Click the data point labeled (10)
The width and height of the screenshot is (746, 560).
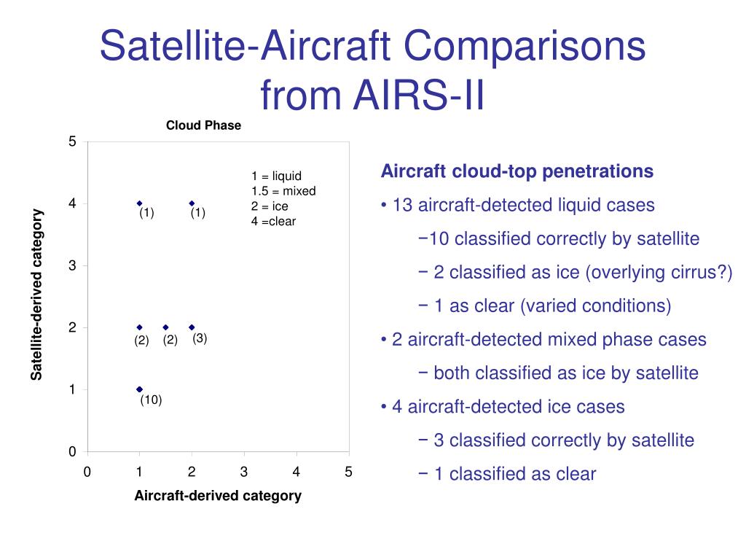point(139,389)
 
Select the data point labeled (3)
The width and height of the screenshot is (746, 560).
point(192,327)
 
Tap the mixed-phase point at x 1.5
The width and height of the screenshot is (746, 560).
point(165,327)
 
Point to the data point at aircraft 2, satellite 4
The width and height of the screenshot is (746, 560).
point(192,204)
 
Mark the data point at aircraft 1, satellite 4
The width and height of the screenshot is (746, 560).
point(139,204)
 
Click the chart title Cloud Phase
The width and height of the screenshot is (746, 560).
point(204,125)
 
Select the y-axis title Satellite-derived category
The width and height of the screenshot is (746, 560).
point(36,295)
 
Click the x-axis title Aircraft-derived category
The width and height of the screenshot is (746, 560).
point(218,496)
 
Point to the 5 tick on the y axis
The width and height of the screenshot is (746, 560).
point(72,141)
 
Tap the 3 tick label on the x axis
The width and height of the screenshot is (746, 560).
point(244,472)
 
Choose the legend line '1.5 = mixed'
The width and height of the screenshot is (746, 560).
point(283,191)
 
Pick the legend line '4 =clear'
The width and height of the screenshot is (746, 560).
point(274,222)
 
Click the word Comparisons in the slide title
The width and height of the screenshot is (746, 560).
point(525,46)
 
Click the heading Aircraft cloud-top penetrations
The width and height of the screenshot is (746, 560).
point(517,171)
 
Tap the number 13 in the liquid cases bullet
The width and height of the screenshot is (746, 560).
point(402,205)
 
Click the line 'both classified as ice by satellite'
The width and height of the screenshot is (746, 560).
point(565,373)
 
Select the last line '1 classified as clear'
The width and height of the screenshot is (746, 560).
point(515,474)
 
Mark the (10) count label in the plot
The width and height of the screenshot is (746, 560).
point(151,400)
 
